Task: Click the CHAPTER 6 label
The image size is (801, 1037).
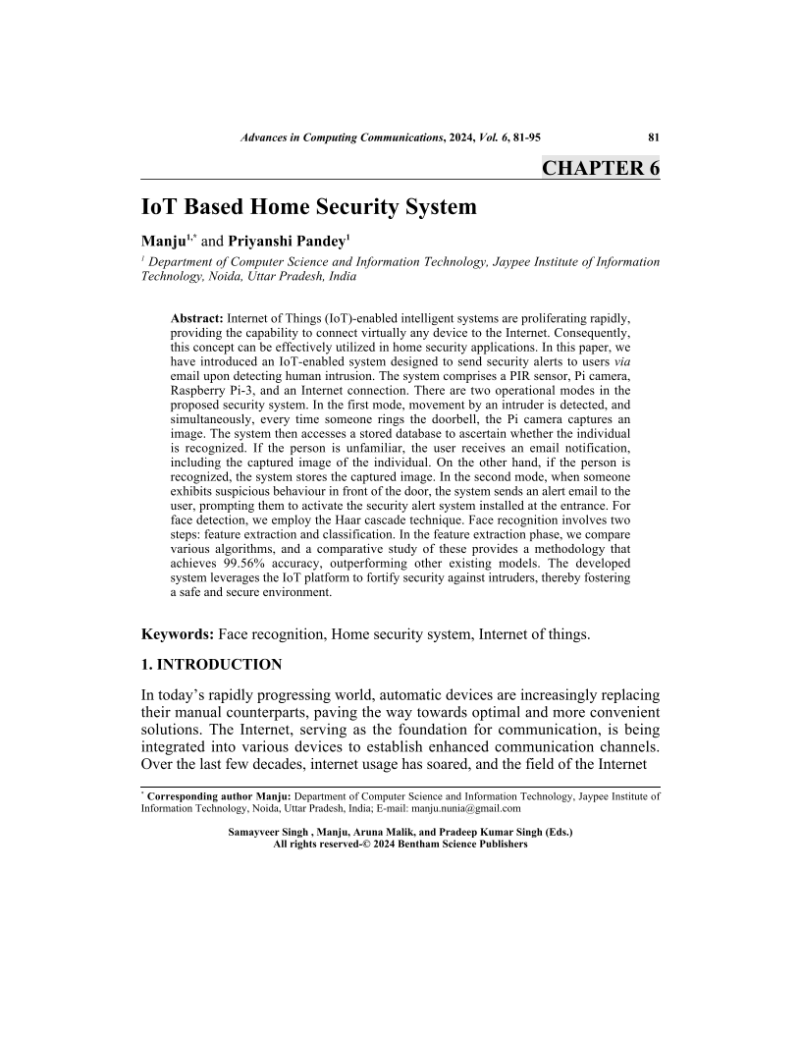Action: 600,168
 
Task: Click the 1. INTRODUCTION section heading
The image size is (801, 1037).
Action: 212,665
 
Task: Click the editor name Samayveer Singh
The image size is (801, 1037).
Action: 268,832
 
